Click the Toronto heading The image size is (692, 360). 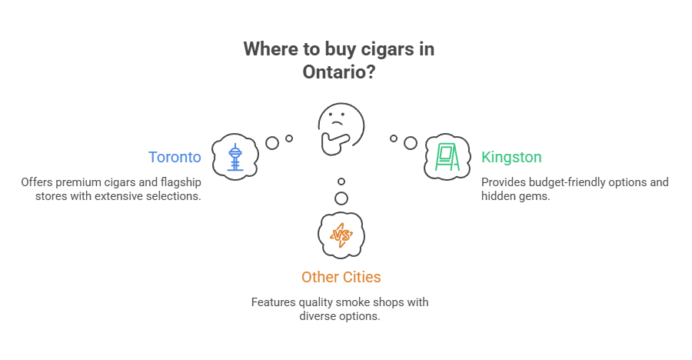click(175, 157)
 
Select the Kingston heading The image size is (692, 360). click(511, 157)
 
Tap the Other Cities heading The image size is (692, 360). click(341, 277)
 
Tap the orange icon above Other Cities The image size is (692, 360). click(341, 234)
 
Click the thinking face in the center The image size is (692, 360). click(341, 124)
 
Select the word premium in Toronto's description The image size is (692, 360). click(80, 182)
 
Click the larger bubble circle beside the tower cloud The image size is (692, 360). click(271, 142)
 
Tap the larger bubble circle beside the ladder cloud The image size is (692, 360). click(411, 143)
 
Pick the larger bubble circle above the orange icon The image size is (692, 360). click(341, 198)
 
